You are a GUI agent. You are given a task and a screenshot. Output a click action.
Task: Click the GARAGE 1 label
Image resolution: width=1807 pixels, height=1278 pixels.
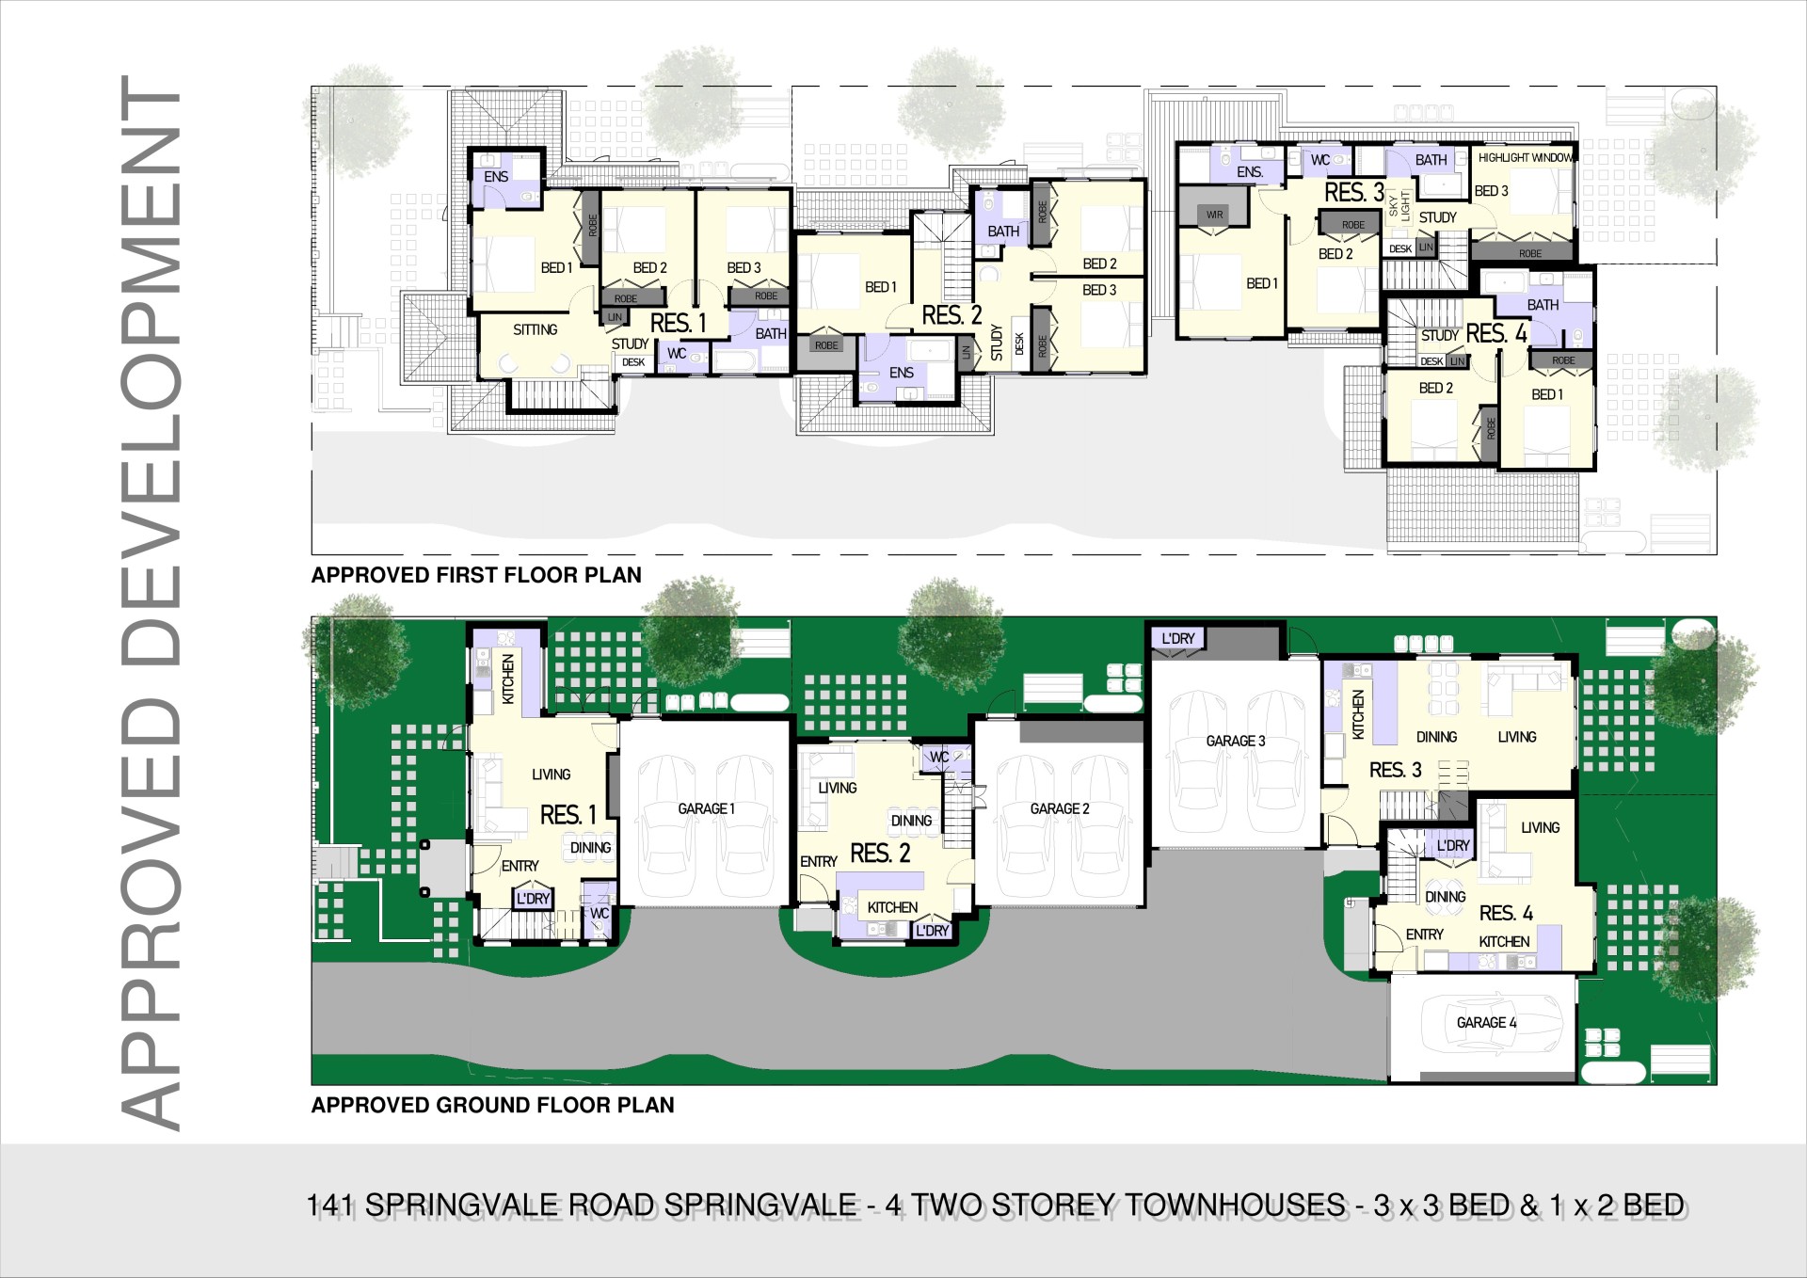tap(706, 808)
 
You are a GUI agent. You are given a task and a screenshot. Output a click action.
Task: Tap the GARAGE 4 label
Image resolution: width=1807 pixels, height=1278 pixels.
tap(1486, 1022)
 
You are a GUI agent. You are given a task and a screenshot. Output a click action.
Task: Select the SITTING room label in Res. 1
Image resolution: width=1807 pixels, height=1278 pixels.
tap(535, 329)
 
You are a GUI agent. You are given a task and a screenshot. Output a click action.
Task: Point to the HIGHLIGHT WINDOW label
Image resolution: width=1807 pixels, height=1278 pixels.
tap(1525, 157)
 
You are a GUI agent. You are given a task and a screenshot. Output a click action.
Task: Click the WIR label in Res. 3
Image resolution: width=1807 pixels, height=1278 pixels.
tap(1214, 215)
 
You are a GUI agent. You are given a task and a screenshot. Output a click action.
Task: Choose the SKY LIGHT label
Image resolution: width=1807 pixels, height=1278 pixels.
tap(1399, 205)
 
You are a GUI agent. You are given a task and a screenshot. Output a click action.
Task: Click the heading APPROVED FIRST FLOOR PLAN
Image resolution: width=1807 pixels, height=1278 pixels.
tap(476, 575)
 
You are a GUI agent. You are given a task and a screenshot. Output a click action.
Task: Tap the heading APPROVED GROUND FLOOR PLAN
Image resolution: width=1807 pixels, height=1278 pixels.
tap(493, 1105)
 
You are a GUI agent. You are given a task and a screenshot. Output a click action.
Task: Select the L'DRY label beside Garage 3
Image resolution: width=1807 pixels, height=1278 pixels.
tap(1178, 638)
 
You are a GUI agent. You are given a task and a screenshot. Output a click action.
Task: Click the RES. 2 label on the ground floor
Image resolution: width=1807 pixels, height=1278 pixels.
tap(880, 854)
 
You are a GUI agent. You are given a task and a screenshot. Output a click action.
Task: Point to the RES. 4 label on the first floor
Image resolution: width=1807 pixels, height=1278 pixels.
tap(1496, 333)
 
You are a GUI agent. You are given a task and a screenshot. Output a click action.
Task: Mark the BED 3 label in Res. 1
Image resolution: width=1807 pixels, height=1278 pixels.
tap(744, 268)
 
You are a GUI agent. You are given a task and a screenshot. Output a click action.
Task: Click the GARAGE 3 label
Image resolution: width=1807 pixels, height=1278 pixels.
tap(1236, 741)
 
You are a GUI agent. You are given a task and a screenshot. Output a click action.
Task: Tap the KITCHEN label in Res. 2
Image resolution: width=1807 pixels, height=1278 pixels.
tap(892, 907)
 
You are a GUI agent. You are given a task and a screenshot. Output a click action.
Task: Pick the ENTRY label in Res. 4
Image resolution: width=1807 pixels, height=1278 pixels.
tap(1424, 935)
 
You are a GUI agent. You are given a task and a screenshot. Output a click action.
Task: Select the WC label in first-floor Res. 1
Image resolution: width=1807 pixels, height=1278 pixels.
tap(677, 354)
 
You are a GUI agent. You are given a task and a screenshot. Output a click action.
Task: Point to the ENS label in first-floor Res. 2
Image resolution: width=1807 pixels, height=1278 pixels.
tap(902, 373)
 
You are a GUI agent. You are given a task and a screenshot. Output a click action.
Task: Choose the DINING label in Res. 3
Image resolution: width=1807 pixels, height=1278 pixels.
tap(1436, 737)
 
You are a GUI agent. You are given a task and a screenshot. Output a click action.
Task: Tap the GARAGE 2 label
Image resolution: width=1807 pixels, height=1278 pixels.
tap(1060, 808)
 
